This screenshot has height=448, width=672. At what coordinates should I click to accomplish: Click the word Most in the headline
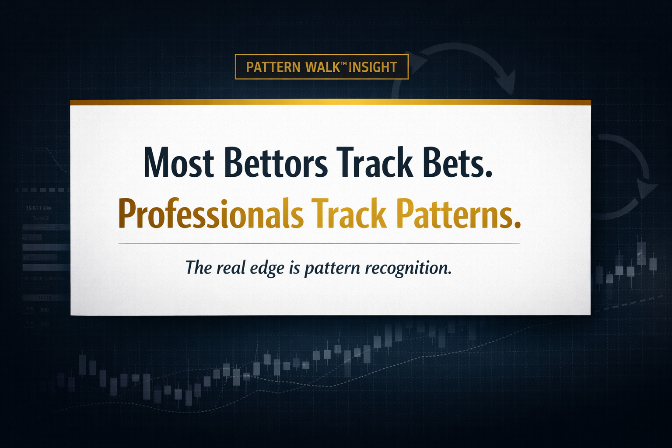pos(178,163)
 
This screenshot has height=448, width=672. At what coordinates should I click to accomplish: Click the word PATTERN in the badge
pos(273,67)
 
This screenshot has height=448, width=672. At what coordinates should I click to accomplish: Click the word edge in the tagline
pos(267,268)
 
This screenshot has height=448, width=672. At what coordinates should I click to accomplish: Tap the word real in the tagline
pos(231,268)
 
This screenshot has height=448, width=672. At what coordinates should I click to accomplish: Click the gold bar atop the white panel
pos(330,102)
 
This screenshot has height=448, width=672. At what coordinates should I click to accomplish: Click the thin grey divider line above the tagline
pos(319,243)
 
